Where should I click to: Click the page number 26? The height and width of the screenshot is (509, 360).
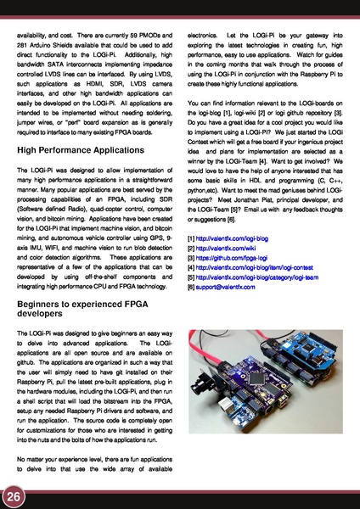point(14,495)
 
